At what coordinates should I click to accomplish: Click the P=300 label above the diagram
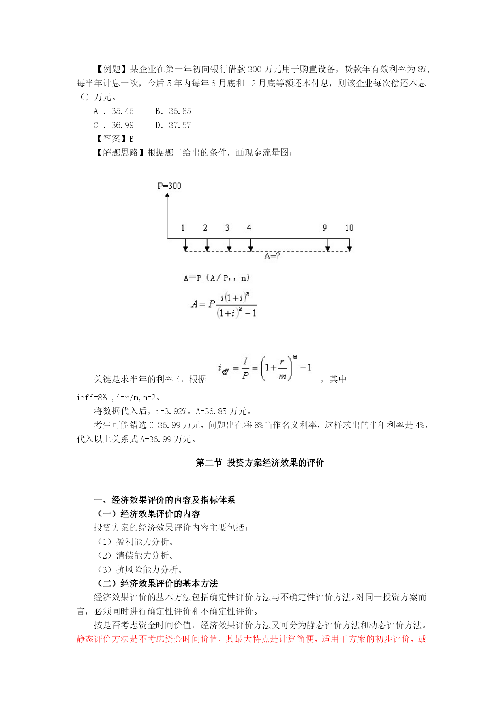point(169,186)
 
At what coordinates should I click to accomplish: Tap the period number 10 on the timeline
point(349,228)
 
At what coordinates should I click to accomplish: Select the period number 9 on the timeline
point(325,228)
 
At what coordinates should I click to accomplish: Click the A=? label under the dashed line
point(272,256)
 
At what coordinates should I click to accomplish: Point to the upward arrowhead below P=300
point(167,195)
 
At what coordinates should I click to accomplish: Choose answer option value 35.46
point(122,111)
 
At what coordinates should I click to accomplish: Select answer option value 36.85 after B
point(180,111)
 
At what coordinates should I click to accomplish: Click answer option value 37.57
point(180,125)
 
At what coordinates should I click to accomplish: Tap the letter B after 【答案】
point(131,139)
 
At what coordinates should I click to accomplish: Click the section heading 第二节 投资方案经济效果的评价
point(260,463)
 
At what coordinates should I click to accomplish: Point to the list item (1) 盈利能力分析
point(136,542)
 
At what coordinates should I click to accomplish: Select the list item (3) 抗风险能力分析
point(140,570)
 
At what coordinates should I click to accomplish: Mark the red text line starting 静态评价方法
point(251,639)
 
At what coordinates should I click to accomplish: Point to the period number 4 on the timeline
point(249,228)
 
